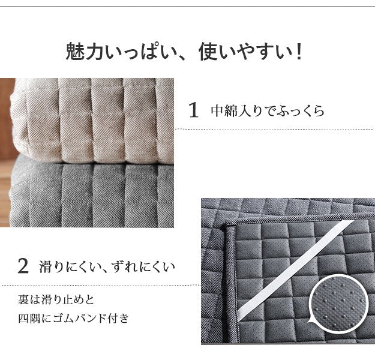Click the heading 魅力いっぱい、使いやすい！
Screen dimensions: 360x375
(x=187, y=52)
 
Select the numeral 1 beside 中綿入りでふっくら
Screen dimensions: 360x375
(x=193, y=110)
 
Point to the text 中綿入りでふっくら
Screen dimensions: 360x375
(x=267, y=111)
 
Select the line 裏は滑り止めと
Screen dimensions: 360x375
(x=56, y=298)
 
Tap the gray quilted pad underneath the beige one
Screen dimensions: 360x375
(x=93, y=192)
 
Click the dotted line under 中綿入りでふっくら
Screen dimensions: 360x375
(x=274, y=128)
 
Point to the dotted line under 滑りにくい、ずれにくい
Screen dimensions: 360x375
(x=99, y=285)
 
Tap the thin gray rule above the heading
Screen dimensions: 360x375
(x=187, y=6)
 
